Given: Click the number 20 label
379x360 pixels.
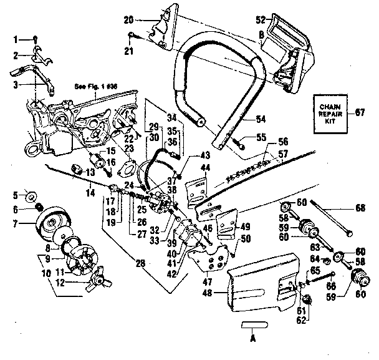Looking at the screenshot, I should (128, 19).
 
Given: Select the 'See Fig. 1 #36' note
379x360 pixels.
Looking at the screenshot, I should (95, 88).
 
